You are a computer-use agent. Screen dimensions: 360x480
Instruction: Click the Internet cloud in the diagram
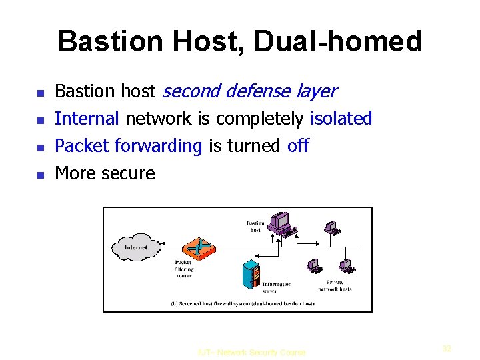pos(136,247)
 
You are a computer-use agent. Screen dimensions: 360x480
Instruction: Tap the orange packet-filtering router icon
pos(198,247)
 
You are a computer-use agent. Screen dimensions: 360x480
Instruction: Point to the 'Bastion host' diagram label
pos(255,227)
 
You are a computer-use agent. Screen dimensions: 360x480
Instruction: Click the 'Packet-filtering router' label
pos(183,269)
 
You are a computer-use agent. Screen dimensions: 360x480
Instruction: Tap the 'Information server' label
pos(277,287)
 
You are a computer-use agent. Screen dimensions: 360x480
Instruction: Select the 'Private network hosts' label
pos(335,285)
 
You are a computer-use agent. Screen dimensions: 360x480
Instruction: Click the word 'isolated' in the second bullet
pos(341,119)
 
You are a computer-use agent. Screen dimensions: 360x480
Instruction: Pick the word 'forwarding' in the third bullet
pos(159,146)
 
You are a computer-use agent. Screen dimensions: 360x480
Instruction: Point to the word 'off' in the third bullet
pos(298,146)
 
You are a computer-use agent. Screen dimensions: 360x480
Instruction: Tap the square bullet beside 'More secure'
pos(39,175)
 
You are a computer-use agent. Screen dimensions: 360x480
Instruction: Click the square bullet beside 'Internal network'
pos(39,120)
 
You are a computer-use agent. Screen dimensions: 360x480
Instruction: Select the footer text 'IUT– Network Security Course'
pos(251,353)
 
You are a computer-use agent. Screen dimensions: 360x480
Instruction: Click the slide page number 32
pos(447,348)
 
